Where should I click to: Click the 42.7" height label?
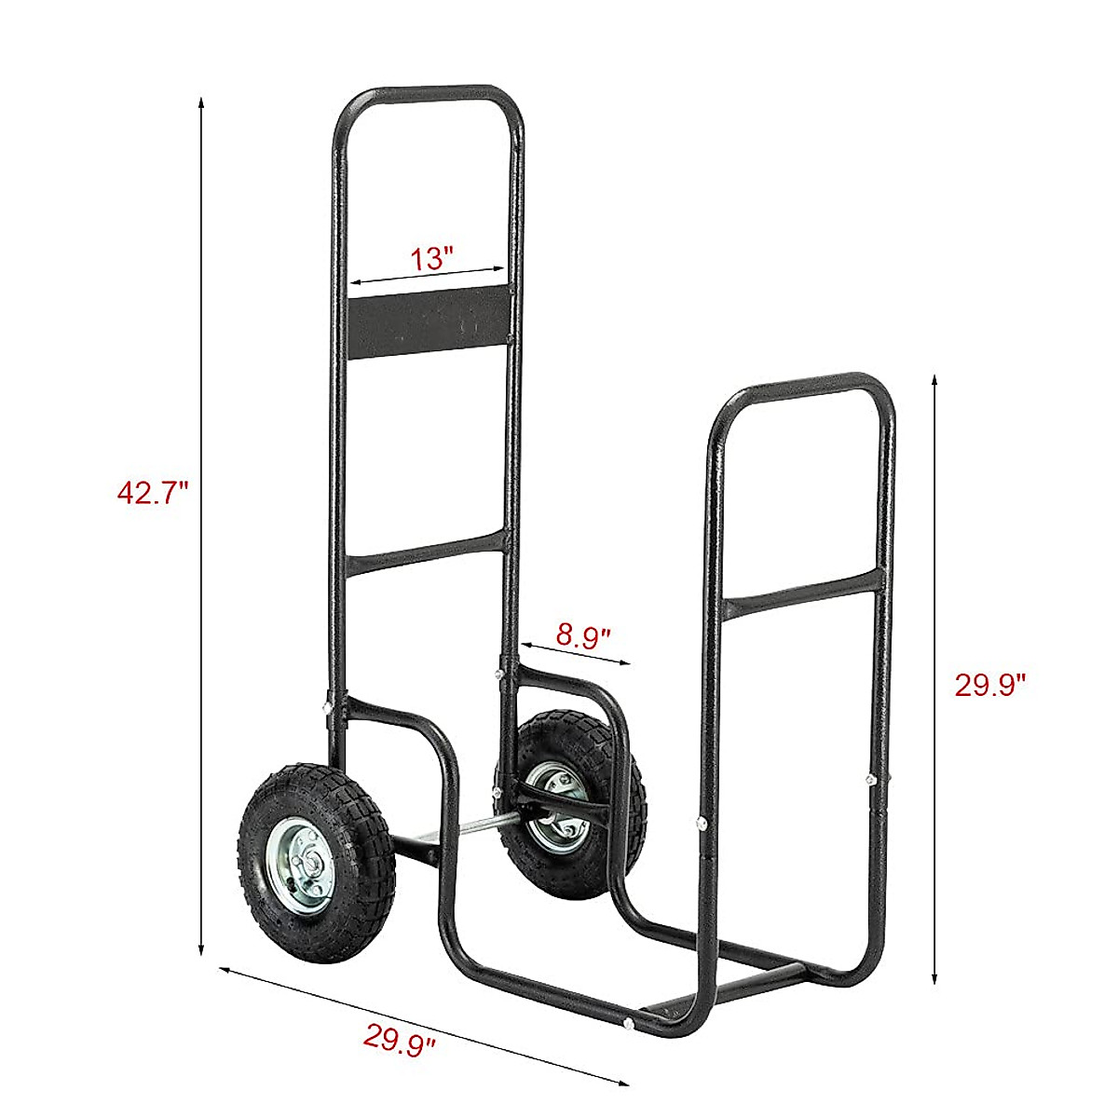pyautogui.click(x=153, y=491)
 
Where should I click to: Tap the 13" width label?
pyautogui.click(x=431, y=257)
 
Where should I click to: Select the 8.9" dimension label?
pyautogui.click(x=583, y=636)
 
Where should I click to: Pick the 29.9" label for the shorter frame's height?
pyautogui.click(x=990, y=685)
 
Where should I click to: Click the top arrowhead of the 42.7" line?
pyautogui.click(x=200, y=103)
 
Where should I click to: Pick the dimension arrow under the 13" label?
pyautogui.click(x=429, y=277)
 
